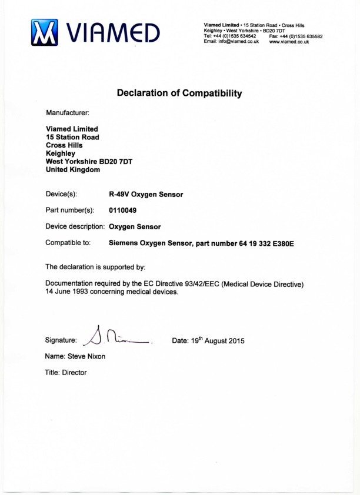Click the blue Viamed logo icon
(46, 32)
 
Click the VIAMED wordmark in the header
(114, 32)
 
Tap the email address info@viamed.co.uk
(231, 42)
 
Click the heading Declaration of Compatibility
(179, 93)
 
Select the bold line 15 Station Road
(72, 137)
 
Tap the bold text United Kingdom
(73, 170)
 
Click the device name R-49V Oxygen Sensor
(146, 193)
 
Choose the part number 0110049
(125, 210)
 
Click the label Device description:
(76, 226)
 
